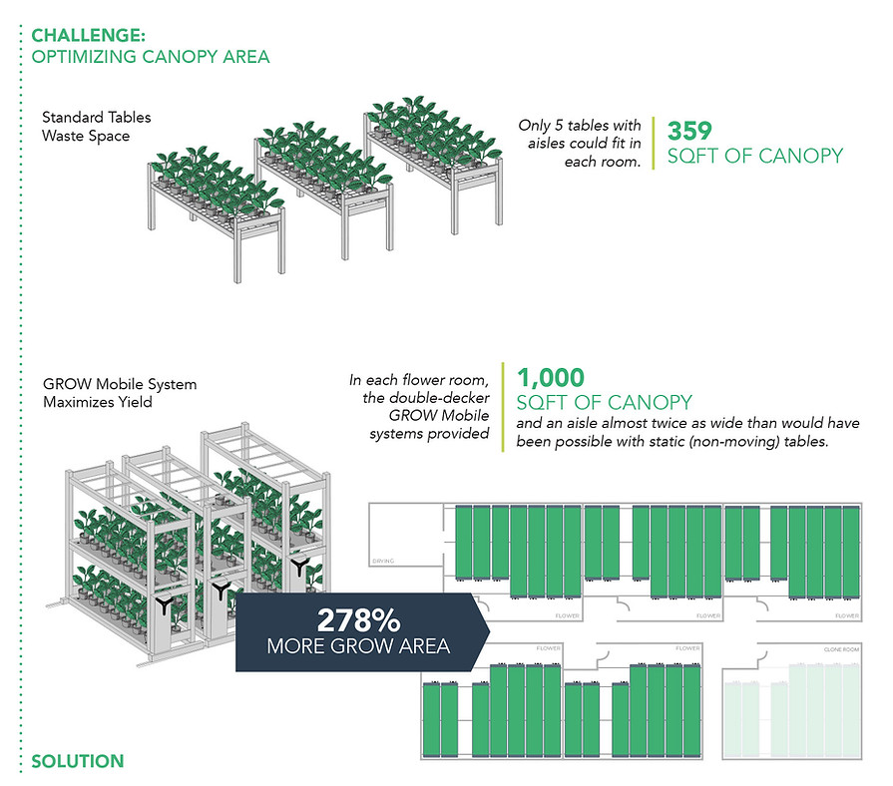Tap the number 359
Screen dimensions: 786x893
pyautogui.click(x=688, y=131)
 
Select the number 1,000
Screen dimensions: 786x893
pyautogui.click(x=551, y=377)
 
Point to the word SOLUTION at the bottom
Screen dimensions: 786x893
pyautogui.click(x=78, y=761)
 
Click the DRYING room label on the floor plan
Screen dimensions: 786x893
pyautogui.click(x=382, y=561)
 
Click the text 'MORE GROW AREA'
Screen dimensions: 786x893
pyautogui.click(x=358, y=646)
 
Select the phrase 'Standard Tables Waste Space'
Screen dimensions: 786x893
pyautogui.click(x=86, y=127)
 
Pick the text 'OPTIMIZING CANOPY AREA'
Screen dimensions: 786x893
pyautogui.click(x=151, y=57)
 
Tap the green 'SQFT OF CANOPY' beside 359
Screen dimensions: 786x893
pyautogui.click(x=754, y=156)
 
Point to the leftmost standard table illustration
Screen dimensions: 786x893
pyautogui.click(x=215, y=199)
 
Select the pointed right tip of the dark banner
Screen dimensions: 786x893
pyautogui.click(x=488, y=630)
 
